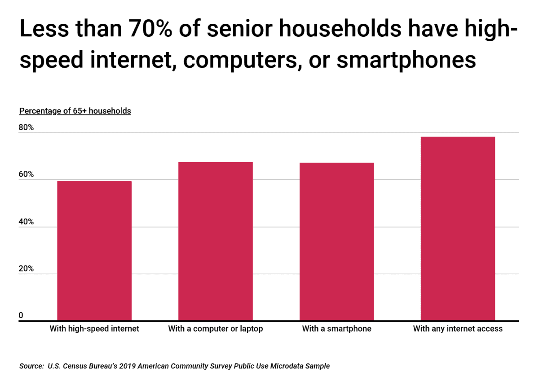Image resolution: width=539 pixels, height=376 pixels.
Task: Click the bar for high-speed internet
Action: coord(94,251)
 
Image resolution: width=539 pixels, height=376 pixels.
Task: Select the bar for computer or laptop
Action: coord(215,241)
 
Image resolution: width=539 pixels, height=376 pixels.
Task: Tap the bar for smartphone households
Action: coord(336,242)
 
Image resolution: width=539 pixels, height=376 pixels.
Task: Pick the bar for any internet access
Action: coord(457,229)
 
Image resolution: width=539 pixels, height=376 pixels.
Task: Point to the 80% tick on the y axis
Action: coord(26,127)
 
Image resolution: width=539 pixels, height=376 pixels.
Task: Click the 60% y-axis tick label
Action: coord(26,175)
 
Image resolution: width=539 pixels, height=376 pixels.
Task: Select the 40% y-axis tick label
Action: coord(26,222)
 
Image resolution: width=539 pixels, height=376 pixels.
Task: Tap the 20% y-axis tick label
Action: coord(26,269)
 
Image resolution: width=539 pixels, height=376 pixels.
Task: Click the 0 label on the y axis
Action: coord(21,315)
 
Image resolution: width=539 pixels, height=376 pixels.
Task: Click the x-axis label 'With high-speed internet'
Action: coord(94,329)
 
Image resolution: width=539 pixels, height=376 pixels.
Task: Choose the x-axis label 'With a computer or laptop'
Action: coord(215,329)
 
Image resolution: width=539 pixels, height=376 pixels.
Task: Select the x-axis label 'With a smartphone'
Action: coord(336,329)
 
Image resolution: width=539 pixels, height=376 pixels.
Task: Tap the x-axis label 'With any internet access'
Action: coord(457,329)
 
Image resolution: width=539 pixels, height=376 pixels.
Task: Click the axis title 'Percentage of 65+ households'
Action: coord(75,111)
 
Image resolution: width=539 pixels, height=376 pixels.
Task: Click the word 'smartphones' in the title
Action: coord(406,59)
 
